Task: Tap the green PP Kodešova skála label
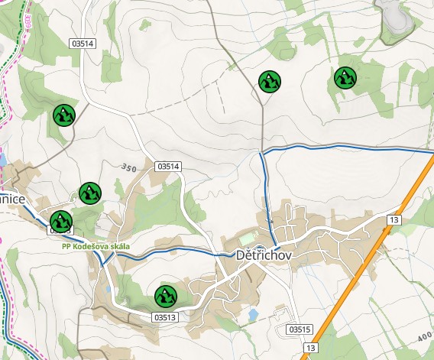(x=96, y=247)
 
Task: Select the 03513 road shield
(x=165, y=316)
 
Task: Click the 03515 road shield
(x=301, y=329)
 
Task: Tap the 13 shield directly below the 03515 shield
(x=309, y=349)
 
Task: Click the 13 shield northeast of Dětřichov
(x=394, y=220)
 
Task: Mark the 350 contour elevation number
(x=128, y=167)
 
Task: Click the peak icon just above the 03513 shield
(x=165, y=295)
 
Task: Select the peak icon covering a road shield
(x=61, y=221)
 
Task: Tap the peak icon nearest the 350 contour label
(x=90, y=193)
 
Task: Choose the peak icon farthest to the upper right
(x=345, y=77)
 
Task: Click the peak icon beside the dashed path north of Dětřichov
(x=269, y=80)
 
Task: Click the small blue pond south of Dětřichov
(x=251, y=314)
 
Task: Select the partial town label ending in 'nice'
(x=13, y=199)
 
